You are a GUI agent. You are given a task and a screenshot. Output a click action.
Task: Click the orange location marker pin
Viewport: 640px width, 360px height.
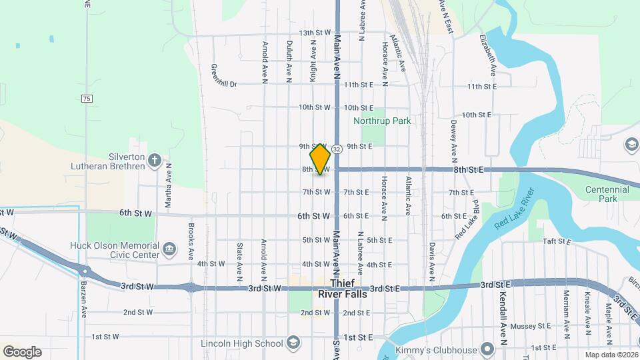click(320, 159)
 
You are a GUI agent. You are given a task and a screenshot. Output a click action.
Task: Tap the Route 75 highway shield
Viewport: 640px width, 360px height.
click(87, 99)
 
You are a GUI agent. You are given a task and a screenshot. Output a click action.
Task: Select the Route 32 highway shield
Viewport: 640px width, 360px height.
click(337, 149)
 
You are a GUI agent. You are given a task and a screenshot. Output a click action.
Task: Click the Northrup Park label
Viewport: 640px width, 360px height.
click(382, 121)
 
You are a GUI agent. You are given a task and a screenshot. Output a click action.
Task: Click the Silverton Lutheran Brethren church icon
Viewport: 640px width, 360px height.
click(155, 160)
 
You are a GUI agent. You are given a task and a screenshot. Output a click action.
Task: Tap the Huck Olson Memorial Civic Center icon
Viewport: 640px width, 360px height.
click(169, 249)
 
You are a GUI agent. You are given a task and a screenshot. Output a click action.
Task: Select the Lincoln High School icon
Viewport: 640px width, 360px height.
click(293, 343)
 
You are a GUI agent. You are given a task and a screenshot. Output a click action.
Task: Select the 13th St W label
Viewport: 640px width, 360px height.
click(315, 33)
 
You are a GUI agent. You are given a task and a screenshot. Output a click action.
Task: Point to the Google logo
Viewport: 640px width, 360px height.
click(22, 351)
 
